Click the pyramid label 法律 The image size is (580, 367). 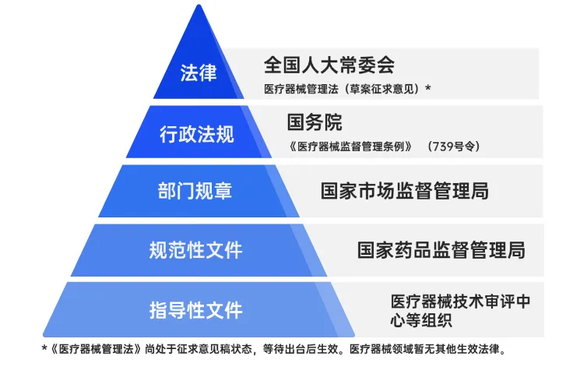pos(199,72)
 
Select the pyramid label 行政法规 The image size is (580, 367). pos(197,134)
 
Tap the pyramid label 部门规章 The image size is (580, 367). pos(195,191)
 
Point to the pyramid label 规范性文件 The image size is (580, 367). pos(195,250)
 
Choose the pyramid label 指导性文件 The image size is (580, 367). pos(195,310)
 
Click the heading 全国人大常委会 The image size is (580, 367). pos(329,65)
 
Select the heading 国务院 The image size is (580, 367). pos(315,122)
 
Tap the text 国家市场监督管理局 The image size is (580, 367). pos(405,191)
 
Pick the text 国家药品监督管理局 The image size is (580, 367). pos(441,250)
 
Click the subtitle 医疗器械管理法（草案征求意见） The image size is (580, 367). pos(343,90)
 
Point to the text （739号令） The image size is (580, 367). pos(454,146)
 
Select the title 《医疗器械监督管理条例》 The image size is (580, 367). pos(350,146)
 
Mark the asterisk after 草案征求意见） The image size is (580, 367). pos(428,88)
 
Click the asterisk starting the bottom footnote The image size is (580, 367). pos(44,348)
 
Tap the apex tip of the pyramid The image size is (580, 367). pos(199,5)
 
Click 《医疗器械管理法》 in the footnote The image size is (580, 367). pos(96,349)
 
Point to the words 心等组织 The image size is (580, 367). pos(421,320)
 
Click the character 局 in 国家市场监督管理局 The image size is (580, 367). pos(480,191)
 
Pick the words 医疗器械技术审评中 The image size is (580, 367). pos(461,302)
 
